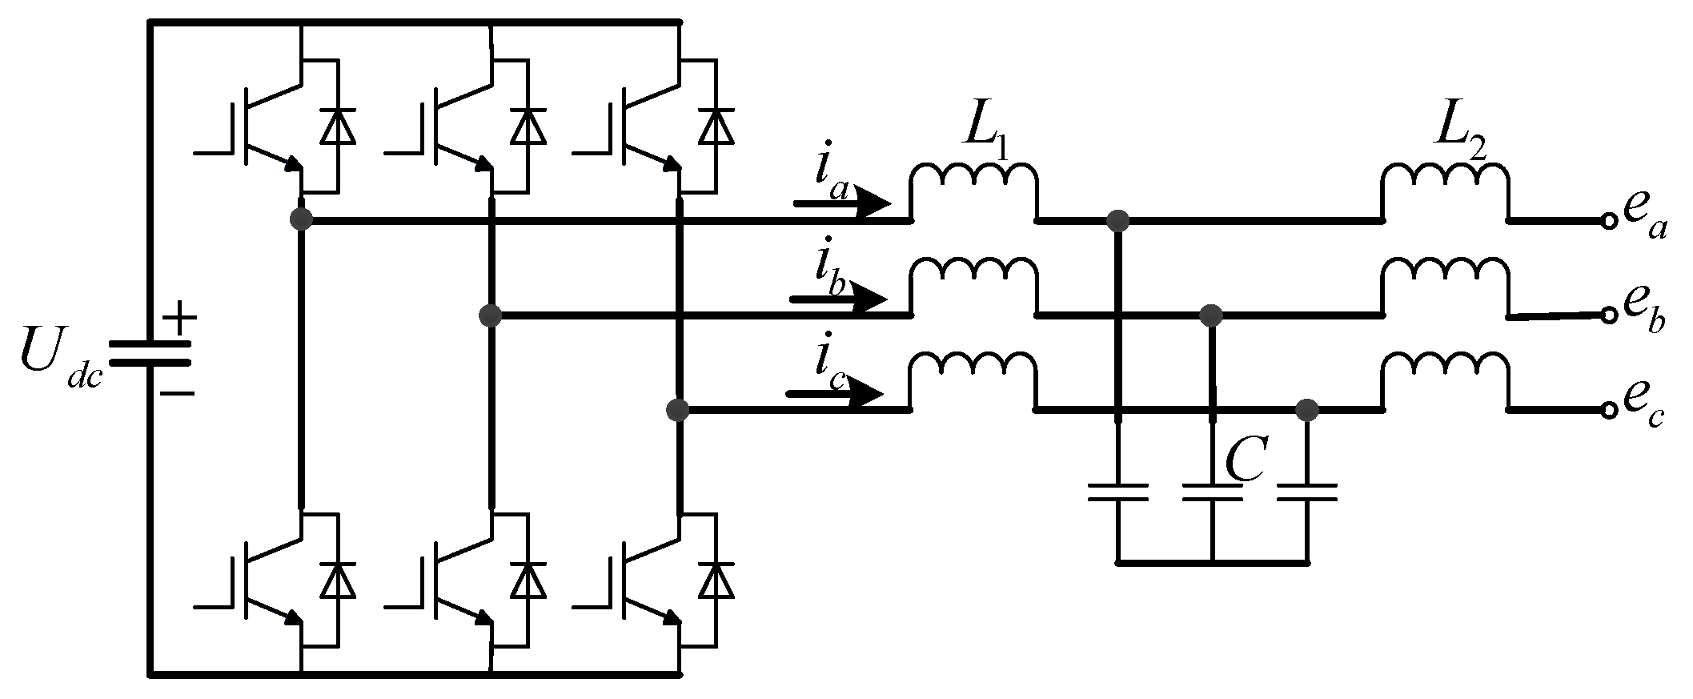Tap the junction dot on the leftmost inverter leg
[301, 219]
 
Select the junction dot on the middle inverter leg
[490, 315]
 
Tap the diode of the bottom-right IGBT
[716, 580]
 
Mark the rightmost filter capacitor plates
[1307, 492]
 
